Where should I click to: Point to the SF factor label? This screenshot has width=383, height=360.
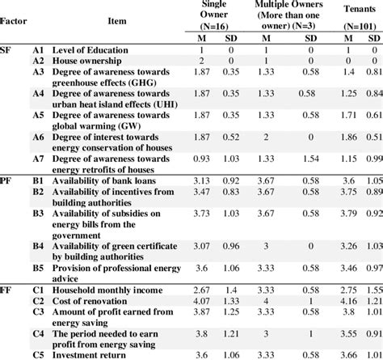point(6,50)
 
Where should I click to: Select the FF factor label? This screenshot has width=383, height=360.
point(6,289)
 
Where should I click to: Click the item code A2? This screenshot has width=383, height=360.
point(37,61)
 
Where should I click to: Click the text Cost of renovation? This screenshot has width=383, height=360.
point(91,299)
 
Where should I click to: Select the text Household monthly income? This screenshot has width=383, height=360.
point(106,289)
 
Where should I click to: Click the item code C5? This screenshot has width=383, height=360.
point(37,353)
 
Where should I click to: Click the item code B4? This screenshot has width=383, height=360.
point(37,245)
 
